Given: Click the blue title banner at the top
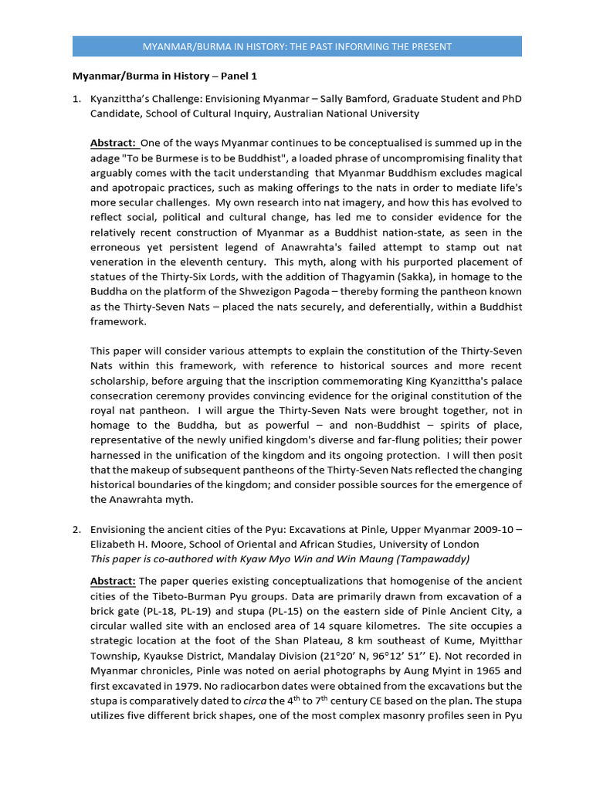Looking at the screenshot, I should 297,46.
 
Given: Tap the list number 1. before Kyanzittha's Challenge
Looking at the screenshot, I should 76,99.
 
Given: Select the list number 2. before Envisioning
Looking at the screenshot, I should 76,529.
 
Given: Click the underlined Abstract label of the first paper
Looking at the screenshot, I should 113,143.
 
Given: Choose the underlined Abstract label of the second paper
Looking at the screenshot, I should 113,581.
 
